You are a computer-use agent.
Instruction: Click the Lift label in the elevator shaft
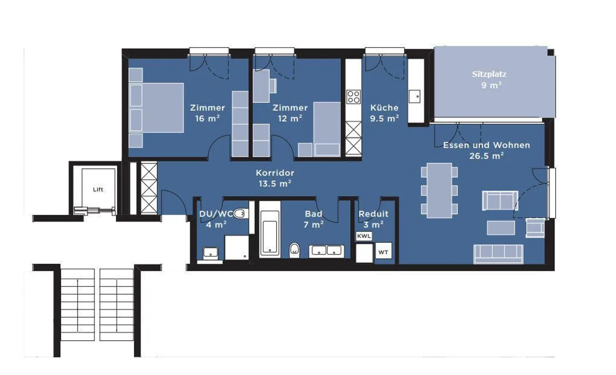tap(98, 189)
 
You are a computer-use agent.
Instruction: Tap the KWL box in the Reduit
tap(364, 236)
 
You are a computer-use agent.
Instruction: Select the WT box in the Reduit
tap(383, 252)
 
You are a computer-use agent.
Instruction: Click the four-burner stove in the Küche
tap(353, 97)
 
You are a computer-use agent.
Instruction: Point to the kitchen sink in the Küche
tap(415, 96)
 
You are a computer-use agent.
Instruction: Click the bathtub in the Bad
tap(270, 233)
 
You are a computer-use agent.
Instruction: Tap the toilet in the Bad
tap(294, 250)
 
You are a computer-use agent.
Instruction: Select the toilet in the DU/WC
tap(240, 214)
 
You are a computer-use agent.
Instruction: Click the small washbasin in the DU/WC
tap(210, 253)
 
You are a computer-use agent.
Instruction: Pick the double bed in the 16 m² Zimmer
tap(156, 108)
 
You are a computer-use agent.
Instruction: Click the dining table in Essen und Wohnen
tap(439, 190)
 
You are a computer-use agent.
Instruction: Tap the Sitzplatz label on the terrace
tap(489, 74)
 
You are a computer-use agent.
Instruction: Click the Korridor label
tap(275, 173)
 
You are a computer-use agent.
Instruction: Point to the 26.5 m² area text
tap(486, 156)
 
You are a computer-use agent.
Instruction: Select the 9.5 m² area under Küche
tap(385, 119)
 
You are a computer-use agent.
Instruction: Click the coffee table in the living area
tap(501, 228)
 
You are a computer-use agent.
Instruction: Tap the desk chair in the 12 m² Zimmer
tap(273, 86)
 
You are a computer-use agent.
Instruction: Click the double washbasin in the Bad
tap(326, 251)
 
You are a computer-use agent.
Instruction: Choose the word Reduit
tap(373, 214)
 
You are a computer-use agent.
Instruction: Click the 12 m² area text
tap(290, 119)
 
